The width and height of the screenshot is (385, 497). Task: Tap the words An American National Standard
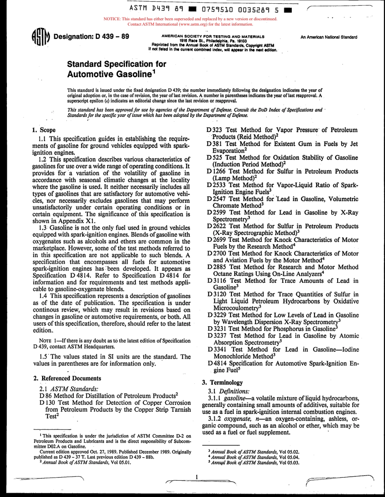pos(329,37)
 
